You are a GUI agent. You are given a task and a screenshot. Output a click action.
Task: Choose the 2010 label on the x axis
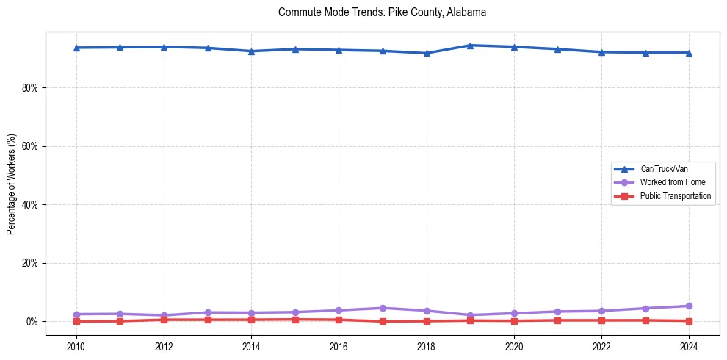[76, 346]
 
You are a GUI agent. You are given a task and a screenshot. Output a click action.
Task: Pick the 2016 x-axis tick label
[339, 346]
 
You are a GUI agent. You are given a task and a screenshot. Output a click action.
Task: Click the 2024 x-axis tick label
[689, 346]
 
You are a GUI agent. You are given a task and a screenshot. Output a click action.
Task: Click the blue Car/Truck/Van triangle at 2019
[470, 46]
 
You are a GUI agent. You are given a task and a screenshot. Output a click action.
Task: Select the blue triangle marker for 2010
[76, 48]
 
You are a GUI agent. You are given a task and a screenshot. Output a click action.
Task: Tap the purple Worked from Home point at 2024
[689, 306]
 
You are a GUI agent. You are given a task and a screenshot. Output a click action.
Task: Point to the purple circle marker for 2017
[383, 308]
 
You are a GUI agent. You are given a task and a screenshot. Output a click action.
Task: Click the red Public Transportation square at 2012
[164, 320]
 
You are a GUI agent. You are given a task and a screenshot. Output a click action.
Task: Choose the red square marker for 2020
[514, 320]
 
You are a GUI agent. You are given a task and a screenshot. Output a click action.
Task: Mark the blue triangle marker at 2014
[251, 51]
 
